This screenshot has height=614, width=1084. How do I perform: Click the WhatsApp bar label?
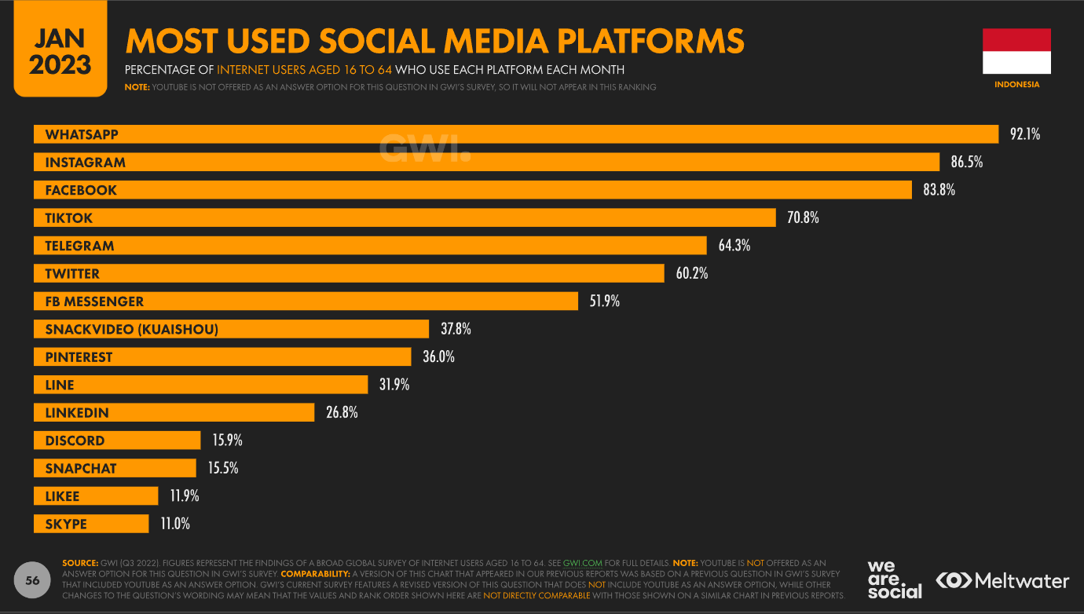(82, 134)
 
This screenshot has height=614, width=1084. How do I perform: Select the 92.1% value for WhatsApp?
(1025, 134)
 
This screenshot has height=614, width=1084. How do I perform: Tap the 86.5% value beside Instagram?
(967, 163)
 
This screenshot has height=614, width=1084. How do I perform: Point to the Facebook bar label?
(81, 190)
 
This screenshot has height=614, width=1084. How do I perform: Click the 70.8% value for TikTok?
(803, 218)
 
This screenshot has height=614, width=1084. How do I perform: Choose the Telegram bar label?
(79, 246)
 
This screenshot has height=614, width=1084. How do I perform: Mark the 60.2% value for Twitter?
(692, 274)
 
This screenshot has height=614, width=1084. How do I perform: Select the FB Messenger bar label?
(94, 302)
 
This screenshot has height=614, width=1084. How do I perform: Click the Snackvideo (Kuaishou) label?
(131, 329)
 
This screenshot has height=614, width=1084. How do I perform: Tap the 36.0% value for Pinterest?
(438, 357)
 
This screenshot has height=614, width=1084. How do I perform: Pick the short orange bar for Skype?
(91, 524)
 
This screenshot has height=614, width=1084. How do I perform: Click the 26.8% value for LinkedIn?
(342, 413)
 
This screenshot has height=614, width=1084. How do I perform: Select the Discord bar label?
(75, 440)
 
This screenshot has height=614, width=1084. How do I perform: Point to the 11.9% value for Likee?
(183, 496)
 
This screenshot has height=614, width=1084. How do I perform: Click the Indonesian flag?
(1016, 52)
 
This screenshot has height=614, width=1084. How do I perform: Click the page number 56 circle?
(32, 580)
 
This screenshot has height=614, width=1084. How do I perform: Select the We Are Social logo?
(894, 580)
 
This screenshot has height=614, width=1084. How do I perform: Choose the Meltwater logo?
(1002, 581)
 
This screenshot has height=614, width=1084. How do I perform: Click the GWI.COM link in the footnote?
(582, 563)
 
